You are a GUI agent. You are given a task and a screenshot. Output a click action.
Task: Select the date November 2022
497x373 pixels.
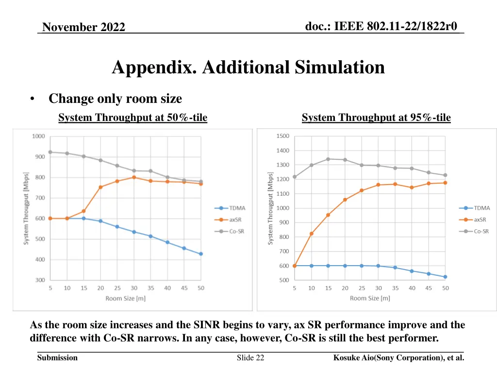[x=83, y=27]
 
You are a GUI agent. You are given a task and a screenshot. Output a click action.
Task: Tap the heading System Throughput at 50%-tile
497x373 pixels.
[x=133, y=118]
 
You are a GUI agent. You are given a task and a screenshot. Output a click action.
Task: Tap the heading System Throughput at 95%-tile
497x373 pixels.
[x=376, y=118]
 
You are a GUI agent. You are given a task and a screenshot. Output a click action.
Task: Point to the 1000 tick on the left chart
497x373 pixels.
[x=39, y=136]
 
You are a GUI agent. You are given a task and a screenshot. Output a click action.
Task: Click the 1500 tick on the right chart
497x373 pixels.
[x=283, y=136]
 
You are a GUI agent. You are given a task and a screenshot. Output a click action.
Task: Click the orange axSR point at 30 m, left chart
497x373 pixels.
[x=134, y=177]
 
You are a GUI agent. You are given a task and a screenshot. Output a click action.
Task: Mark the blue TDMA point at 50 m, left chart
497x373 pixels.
[x=200, y=254]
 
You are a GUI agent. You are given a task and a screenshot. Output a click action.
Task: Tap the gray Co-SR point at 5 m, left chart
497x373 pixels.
[x=50, y=152]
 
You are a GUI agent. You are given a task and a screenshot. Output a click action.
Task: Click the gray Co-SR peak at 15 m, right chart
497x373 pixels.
[x=328, y=159]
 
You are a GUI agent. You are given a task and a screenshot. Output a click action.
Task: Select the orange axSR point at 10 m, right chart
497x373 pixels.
[x=311, y=234]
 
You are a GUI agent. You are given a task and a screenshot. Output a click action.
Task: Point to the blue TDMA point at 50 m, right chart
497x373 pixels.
[x=445, y=277]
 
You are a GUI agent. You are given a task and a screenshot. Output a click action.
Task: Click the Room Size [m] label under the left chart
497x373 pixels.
[x=125, y=298]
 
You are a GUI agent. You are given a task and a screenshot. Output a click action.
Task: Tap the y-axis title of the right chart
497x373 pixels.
[x=271, y=208]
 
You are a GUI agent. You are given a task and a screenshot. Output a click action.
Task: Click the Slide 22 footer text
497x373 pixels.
[x=250, y=358]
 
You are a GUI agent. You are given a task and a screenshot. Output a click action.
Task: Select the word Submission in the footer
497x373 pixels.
[x=57, y=358]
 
